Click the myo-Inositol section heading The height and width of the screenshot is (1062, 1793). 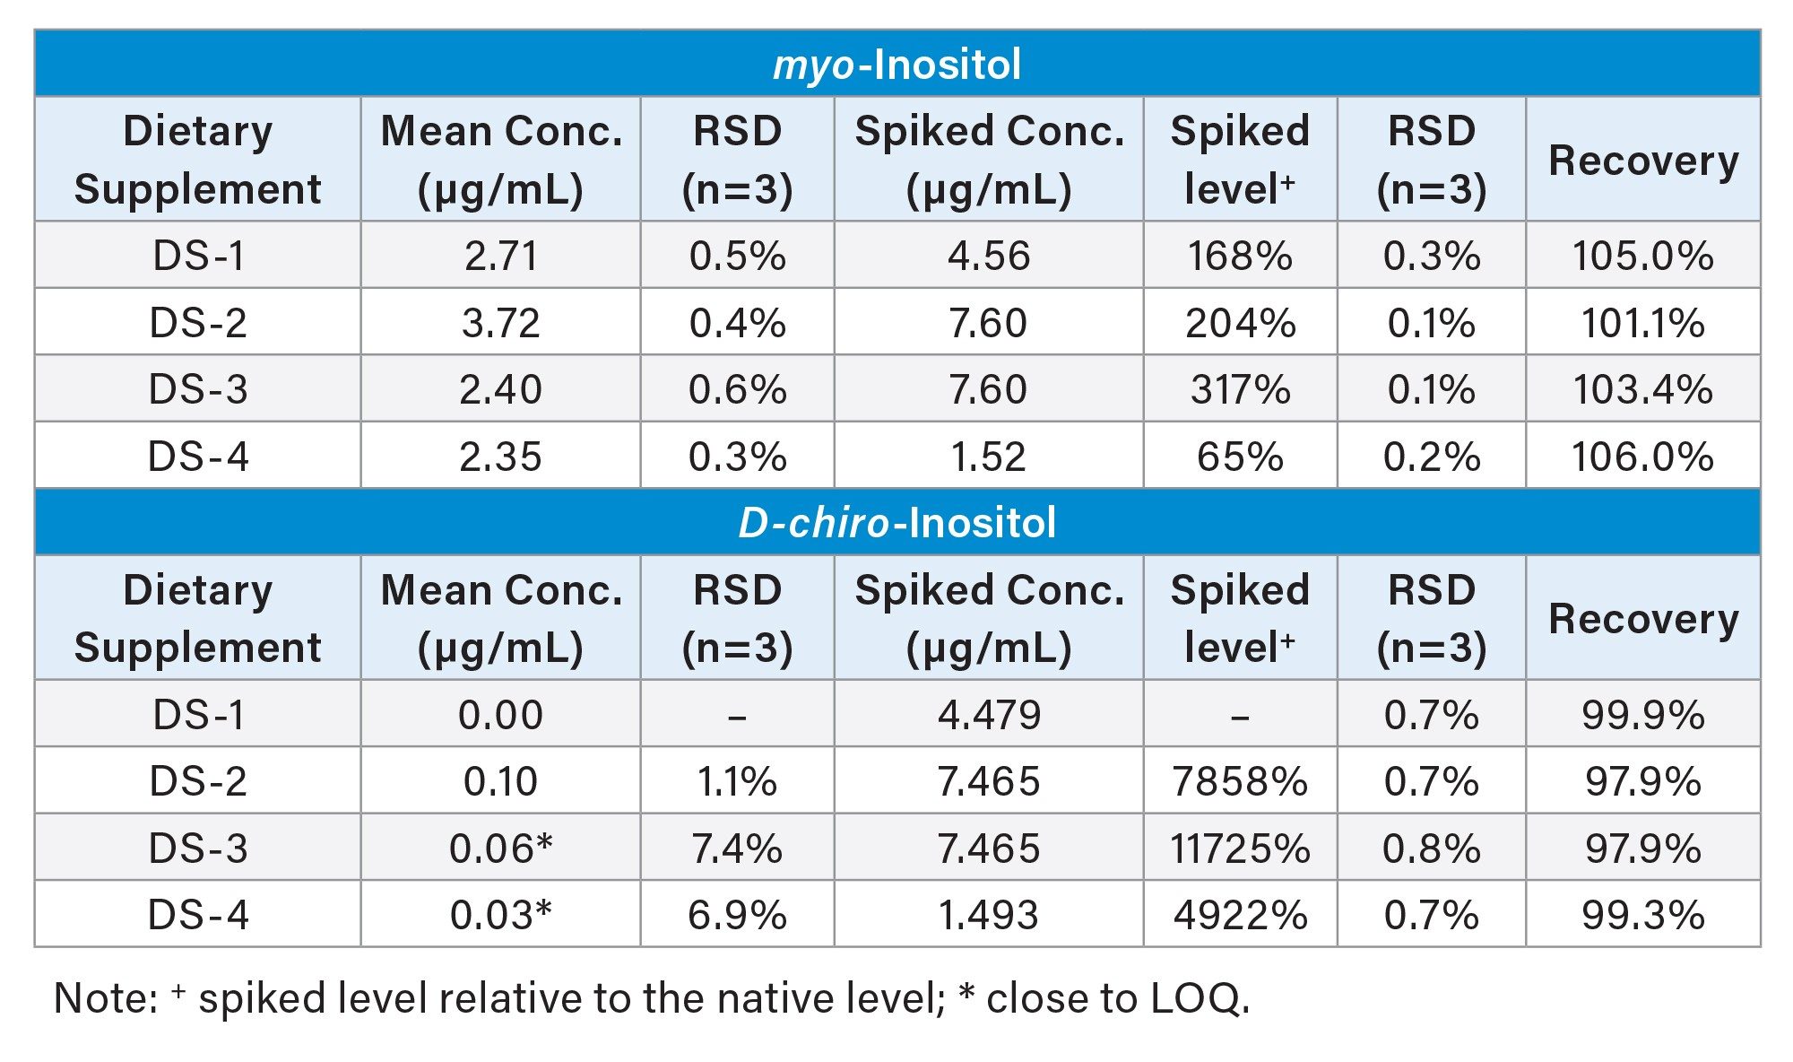[x=896, y=65]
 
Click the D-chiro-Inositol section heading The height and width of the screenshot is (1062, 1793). [x=896, y=523]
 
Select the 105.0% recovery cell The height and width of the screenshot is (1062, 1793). [x=1642, y=257]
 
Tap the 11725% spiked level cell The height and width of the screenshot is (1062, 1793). [x=1240, y=849]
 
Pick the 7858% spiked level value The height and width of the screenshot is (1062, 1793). [x=1240, y=782]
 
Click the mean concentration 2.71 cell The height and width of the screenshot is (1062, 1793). [x=500, y=257]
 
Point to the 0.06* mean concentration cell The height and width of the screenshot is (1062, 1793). [x=500, y=849]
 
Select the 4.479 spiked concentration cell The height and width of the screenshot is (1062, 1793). [x=989, y=716]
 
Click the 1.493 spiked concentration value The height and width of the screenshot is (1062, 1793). [x=989, y=916]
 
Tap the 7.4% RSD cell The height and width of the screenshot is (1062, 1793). [x=737, y=849]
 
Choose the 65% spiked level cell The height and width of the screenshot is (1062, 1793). [x=1240, y=457]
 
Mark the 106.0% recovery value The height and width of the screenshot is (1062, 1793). [x=1642, y=457]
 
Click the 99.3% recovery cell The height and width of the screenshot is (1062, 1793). [x=1642, y=916]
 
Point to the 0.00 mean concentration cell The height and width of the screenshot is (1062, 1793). [x=500, y=716]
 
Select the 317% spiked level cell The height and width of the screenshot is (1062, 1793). [x=1240, y=390]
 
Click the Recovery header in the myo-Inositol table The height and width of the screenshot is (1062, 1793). [x=1643, y=161]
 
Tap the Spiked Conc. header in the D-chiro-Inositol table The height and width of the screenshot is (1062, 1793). [x=989, y=619]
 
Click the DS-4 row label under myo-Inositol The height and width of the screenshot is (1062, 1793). [x=198, y=457]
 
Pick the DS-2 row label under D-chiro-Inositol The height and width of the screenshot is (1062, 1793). [x=198, y=782]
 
